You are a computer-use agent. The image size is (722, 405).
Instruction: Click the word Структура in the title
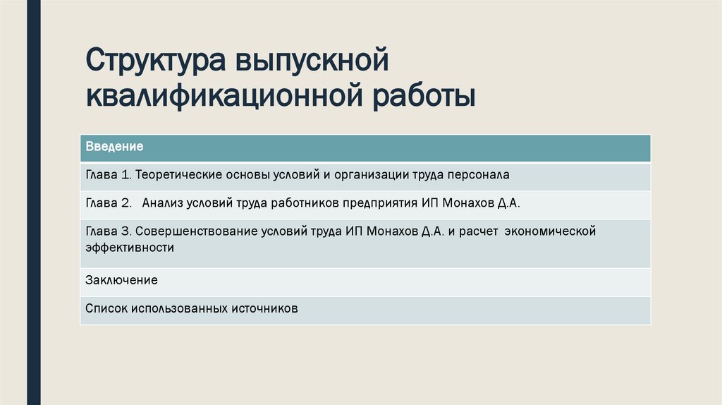[x=149, y=61]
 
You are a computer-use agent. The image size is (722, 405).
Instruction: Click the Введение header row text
[x=114, y=147]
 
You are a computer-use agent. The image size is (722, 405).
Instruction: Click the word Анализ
[x=162, y=202]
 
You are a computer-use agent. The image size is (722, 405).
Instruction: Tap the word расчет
[x=476, y=231]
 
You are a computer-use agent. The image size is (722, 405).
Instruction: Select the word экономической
[x=551, y=231]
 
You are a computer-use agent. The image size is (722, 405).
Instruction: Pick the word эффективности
[x=130, y=248]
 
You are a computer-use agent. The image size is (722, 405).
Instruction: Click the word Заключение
[x=121, y=280]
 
